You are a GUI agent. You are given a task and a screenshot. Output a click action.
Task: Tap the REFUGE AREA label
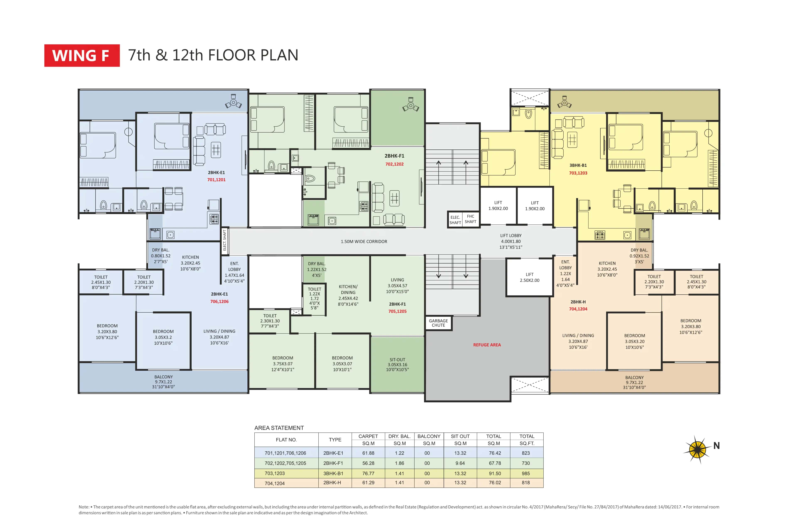point(487,345)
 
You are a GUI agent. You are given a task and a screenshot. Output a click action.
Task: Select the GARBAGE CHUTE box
point(438,323)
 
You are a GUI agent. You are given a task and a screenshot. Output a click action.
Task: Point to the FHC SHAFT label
point(470,219)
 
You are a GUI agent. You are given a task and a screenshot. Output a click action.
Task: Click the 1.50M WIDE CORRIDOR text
point(364,241)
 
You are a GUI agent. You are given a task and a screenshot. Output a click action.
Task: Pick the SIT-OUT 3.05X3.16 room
point(397,364)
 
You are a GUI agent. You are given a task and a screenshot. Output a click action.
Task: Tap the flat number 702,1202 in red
point(394,164)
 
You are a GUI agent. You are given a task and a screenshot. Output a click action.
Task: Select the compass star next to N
point(697,449)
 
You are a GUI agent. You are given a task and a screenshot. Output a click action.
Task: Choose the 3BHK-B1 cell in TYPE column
point(333,473)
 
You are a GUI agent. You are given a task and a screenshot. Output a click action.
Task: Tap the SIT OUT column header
point(460,436)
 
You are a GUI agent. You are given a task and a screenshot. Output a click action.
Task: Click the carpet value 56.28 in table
point(368,463)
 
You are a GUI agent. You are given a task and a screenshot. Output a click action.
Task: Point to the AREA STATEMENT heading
point(279,428)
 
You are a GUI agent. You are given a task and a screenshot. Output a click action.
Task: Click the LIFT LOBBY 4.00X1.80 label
point(511,241)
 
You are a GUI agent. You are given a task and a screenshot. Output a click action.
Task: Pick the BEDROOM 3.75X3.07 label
point(283,364)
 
